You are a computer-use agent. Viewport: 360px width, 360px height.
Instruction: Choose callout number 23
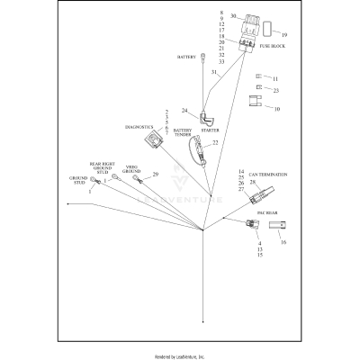coord(275,90)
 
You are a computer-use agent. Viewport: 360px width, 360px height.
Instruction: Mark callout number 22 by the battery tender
coord(215,142)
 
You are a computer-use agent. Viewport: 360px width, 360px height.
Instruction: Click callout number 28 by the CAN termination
coord(253,183)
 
